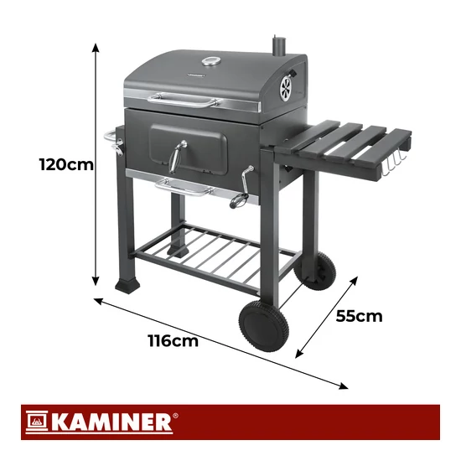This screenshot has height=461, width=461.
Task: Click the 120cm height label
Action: (66, 164)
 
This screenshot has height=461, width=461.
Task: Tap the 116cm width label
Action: (174, 341)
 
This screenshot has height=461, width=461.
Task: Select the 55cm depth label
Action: (359, 316)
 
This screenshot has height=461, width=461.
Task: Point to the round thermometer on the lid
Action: (210, 62)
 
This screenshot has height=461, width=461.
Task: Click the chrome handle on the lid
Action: (184, 101)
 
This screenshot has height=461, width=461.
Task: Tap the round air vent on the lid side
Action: (286, 89)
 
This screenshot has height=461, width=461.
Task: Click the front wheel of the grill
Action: (263, 326)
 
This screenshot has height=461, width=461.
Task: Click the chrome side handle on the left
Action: (113, 142)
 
